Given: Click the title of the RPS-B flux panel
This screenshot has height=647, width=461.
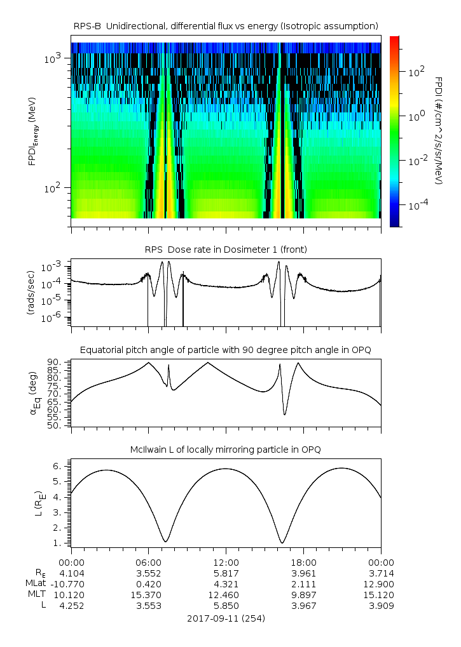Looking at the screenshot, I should (x=226, y=25).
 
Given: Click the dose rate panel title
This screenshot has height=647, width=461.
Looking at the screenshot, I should (x=226, y=250).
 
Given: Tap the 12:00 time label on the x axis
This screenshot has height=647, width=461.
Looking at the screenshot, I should (x=226, y=563).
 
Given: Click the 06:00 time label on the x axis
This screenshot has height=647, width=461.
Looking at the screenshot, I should (x=149, y=563).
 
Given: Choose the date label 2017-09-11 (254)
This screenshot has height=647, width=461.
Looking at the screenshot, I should (x=226, y=618).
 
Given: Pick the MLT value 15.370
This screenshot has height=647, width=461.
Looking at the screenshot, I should (x=149, y=594).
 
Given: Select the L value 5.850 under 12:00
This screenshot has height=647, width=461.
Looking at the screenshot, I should (x=226, y=606).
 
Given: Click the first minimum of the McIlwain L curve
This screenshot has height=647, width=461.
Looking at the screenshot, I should (x=166, y=541).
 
